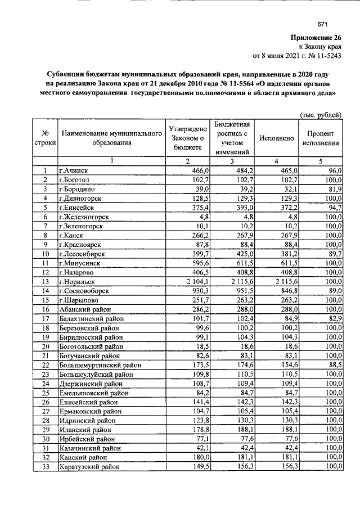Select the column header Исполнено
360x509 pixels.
(276, 138)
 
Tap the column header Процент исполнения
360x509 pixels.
(321, 138)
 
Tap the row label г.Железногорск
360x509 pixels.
(84, 216)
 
